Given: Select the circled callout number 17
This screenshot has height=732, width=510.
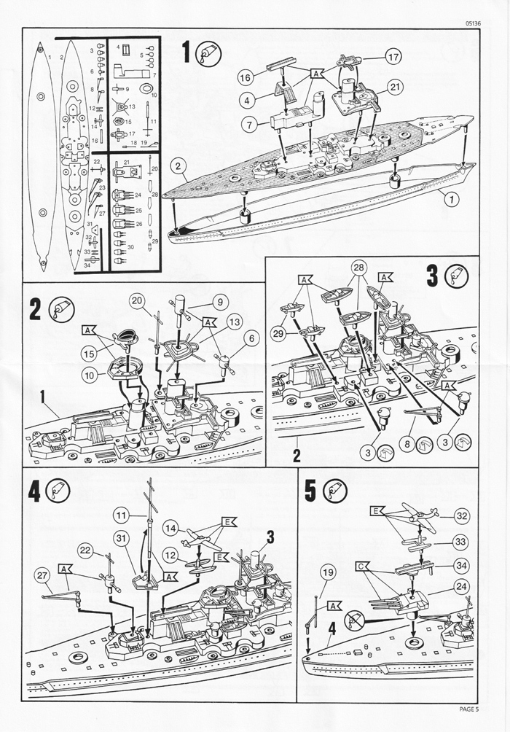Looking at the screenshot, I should point(393,57).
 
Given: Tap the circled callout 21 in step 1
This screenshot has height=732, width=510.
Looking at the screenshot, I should point(396,87).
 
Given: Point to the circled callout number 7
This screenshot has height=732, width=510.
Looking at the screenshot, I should point(249,125).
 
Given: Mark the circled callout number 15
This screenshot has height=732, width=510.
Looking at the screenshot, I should point(87,354).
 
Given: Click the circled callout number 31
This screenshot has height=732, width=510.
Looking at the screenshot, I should point(122,537).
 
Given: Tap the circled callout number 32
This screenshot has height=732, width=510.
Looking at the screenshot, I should point(461,515).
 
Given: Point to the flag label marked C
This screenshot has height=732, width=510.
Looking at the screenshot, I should point(362,566).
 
